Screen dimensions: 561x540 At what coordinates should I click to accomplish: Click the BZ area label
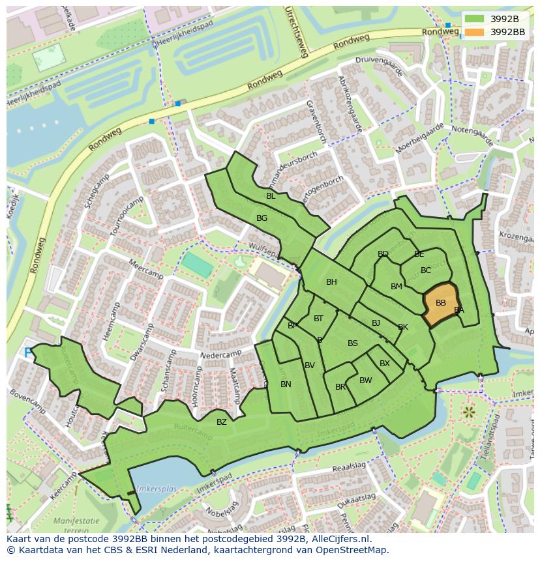click(222, 422)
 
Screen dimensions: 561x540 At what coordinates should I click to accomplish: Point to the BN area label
click(286, 384)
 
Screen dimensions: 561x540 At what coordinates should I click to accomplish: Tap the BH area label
click(331, 282)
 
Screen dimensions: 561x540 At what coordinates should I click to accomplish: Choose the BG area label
click(262, 218)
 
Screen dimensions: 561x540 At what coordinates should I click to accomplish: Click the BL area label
click(270, 196)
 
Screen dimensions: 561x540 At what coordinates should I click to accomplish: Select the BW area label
click(365, 381)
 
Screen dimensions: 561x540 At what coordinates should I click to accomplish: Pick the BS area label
click(352, 343)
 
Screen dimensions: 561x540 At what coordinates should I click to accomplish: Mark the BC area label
click(426, 270)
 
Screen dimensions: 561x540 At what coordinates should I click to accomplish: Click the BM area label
click(396, 287)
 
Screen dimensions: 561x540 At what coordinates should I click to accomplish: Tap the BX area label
click(384, 364)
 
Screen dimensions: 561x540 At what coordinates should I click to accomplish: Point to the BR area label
click(340, 387)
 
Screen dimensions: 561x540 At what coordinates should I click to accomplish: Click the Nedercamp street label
click(222, 356)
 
